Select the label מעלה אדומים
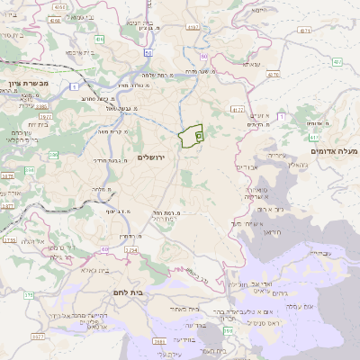(333, 151)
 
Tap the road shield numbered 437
(337, 62)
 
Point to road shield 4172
(237, 110)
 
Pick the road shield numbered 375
(28, 294)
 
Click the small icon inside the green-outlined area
(198, 133)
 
